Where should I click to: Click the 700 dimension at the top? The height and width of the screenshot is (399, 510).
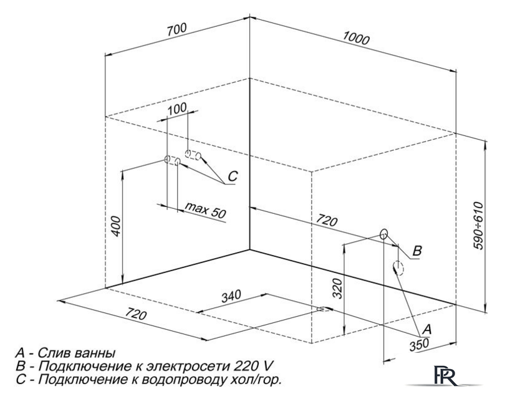click(177, 29)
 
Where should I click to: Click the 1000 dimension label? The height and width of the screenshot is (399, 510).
click(356, 39)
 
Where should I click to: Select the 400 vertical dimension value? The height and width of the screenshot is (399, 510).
click(115, 226)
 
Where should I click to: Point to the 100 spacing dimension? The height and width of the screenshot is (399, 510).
click(177, 108)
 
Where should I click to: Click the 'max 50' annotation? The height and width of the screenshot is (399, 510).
click(205, 210)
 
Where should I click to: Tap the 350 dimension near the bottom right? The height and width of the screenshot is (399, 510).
click(419, 345)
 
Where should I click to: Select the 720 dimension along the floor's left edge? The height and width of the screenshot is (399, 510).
click(136, 314)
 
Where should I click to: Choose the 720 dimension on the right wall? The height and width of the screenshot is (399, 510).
click(326, 221)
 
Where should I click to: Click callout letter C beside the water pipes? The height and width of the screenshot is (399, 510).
click(233, 176)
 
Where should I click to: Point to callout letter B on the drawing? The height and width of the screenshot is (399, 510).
click(417, 251)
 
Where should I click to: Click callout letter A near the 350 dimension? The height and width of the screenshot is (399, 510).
click(426, 330)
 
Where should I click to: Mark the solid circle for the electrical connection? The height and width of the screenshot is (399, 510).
click(384, 234)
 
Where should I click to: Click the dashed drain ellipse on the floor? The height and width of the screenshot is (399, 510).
click(323, 309)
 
